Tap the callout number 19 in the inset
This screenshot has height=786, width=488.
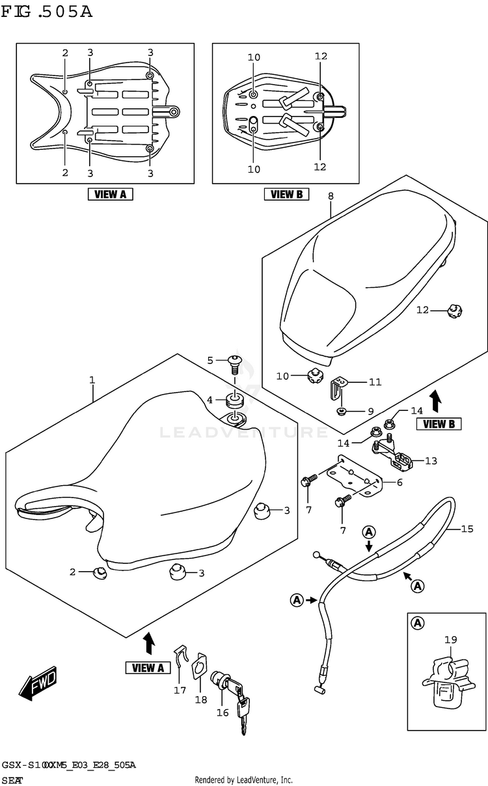(x=451, y=640)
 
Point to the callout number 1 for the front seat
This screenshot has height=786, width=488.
(x=92, y=380)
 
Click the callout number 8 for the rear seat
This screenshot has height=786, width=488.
(x=331, y=196)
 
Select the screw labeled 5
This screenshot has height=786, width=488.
(x=234, y=361)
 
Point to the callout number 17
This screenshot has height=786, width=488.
(x=180, y=690)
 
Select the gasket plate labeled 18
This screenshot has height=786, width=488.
(x=198, y=669)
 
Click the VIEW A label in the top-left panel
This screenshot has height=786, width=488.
(x=111, y=193)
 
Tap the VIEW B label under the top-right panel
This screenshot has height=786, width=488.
(x=286, y=193)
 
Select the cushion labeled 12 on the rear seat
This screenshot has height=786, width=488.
(x=455, y=311)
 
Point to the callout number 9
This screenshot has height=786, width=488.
(x=370, y=411)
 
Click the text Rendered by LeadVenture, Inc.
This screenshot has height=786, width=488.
(x=243, y=779)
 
